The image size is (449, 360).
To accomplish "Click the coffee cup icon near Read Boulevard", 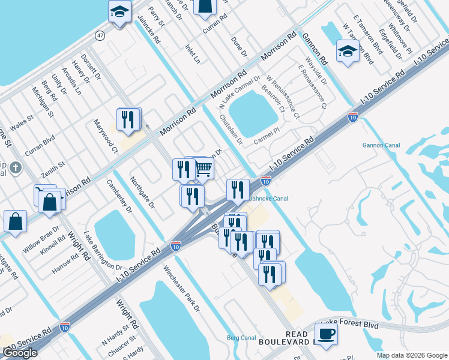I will pyautogui.click(x=326, y=334).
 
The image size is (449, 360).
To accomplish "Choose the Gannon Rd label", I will pyautogui.click(x=315, y=49).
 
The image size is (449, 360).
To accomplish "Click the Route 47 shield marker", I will pyautogui.click(x=100, y=36).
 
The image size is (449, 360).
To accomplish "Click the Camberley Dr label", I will pyautogui.click(x=119, y=196).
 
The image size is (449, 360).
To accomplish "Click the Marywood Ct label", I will pyautogui.click(x=105, y=136).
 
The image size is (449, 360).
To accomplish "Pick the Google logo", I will pyautogui.click(x=20, y=353).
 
